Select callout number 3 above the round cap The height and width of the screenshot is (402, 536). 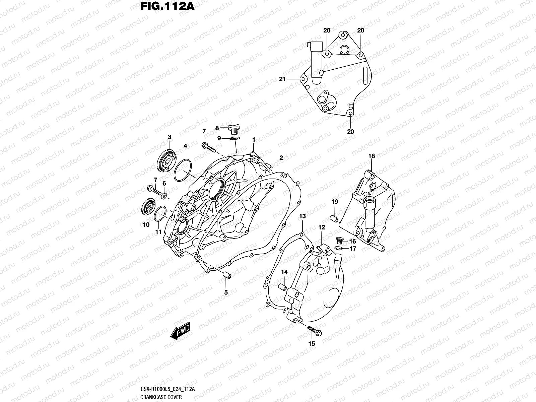click(170, 137)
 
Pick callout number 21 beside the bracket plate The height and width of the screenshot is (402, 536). click(282, 79)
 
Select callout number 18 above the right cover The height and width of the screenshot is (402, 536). click(372, 156)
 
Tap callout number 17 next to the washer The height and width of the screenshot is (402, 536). click(353, 249)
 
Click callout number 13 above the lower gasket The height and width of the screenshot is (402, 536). click(303, 216)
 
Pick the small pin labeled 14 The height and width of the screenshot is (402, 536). click(282, 287)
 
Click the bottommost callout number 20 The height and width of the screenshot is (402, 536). click(350, 132)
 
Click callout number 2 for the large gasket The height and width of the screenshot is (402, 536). click(281, 158)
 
